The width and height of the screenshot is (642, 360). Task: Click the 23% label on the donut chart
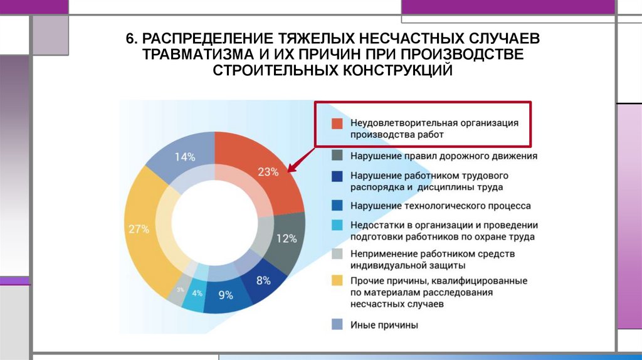tap(267, 172)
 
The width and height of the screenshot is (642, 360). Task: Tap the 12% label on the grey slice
tap(286, 238)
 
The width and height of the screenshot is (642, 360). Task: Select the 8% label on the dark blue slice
tap(263, 280)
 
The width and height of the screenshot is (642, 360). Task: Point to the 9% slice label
tap(225, 295)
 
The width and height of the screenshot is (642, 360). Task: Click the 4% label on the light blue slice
tap(197, 293)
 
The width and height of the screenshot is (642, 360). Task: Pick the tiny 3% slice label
tap(180, 289)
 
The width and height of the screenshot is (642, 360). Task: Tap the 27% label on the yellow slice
tap(139, 229)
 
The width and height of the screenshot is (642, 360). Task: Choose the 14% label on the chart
tap(185, 157)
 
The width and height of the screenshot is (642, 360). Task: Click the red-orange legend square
tap(337, 123)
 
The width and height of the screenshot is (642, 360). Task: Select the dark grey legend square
tap(337, 156)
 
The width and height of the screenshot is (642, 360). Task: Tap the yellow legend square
tap(337, 281)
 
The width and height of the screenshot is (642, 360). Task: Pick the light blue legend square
tap(337, 225)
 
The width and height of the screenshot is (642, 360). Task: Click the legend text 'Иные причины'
tap(384, 325)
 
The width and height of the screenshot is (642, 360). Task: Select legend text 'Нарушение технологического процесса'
tap(441, 206)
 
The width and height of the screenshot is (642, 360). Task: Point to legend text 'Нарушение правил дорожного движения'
tap(444, 156)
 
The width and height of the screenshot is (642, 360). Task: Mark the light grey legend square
tap(337, 253)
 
